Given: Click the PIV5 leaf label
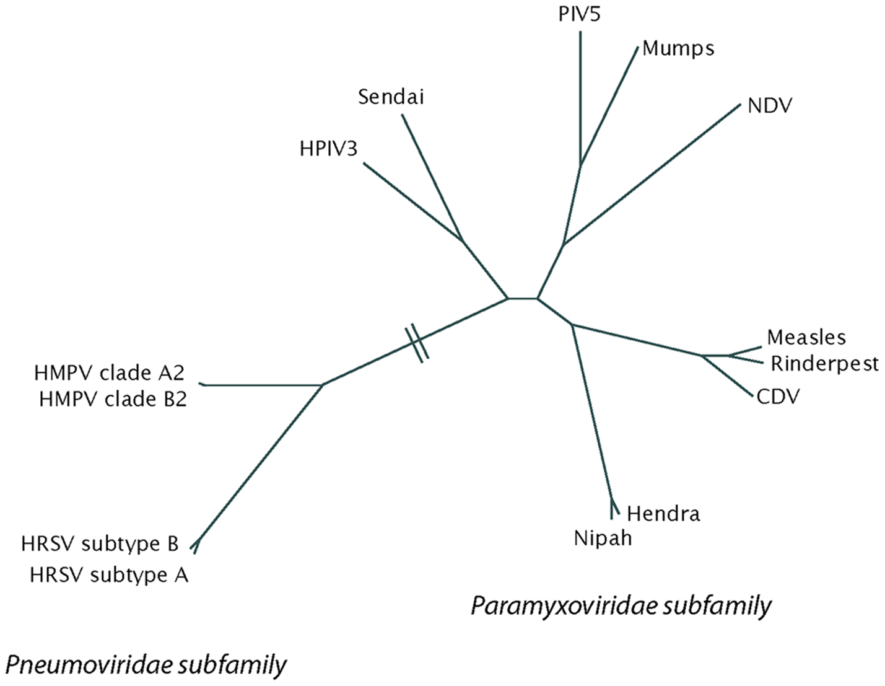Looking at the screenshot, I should click(x=580, y=13).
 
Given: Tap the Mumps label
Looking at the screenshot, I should click(x=678, y=48).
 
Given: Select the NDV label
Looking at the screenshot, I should click(x=770, y=106).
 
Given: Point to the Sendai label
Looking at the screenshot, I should click(x=391, y=97).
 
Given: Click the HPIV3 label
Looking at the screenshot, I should click(x=329, y=149).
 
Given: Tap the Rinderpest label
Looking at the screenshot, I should click(x=824, y=363).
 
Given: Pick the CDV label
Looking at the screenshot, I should click(x=778, y=395).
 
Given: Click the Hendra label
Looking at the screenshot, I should click(x=663, y=513).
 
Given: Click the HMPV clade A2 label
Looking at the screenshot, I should click(x=110, y=373).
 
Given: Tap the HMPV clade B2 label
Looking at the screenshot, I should click(x=113, y=400).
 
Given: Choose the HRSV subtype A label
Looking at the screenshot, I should click(x=109, y=575).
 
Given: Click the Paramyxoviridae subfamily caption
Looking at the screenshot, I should click(x=621, y=605).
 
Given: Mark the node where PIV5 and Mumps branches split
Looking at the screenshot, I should click(x=580, y=165).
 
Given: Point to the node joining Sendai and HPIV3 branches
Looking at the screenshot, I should click(x=462, y=240).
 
